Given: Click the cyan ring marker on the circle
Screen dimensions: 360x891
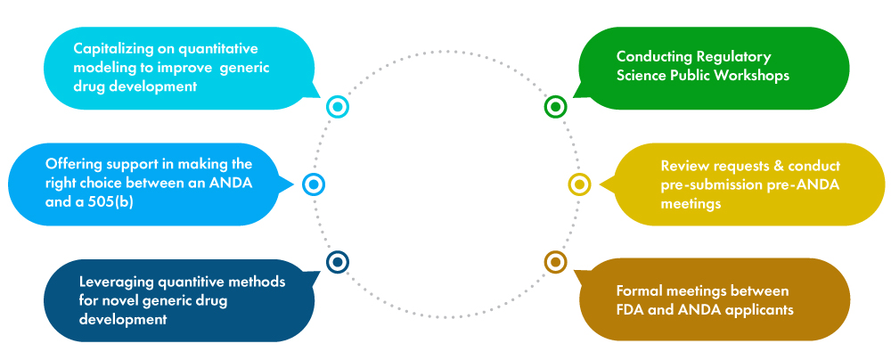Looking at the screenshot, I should (337, 107).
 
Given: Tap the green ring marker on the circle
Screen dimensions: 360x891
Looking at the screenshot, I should (555, 107).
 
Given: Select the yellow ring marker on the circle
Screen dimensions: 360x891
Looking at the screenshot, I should (579, 184).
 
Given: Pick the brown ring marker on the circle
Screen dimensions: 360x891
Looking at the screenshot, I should (555, 262).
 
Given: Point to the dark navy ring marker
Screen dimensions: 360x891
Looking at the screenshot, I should (337, 262).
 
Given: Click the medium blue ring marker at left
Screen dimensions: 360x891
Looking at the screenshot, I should (313, 184).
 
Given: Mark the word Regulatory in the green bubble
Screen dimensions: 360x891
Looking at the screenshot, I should (731, 56).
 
